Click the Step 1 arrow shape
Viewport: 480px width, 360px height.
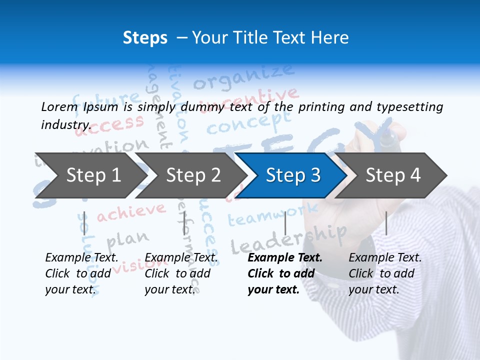coord(90,175)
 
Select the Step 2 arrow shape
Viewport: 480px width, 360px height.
coord(192,175)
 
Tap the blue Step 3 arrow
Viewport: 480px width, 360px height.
coord(292,175)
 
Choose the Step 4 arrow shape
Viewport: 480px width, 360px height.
coord(392,175)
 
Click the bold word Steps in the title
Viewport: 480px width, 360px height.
coord(145,37)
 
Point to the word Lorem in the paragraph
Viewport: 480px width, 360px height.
coord(59,107)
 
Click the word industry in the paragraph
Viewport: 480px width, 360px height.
coord(65,125)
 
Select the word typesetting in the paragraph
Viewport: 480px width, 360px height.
coord(409,107)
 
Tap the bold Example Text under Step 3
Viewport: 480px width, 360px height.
coord(285,258)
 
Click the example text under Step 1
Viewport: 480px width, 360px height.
coord(81,273)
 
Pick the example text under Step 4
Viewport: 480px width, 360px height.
coord(385,273)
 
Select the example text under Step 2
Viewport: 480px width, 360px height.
coord(181,273)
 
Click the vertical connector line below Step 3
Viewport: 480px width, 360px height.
coord(285,223)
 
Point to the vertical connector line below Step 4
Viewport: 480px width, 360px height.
coord(386,223)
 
